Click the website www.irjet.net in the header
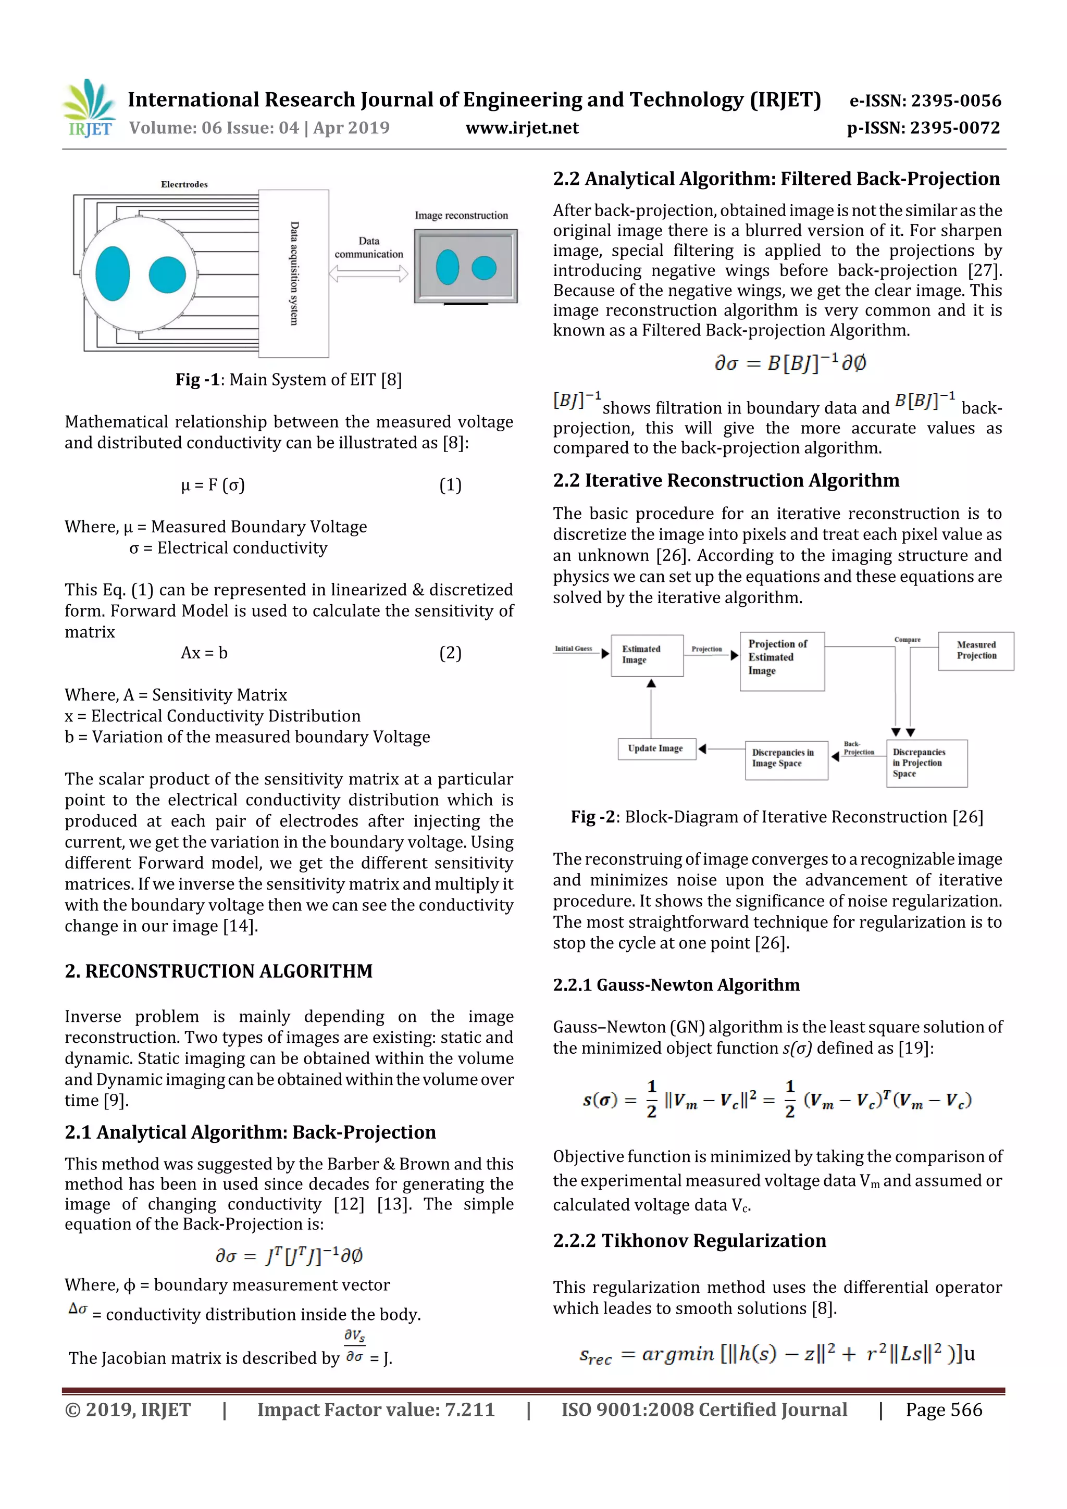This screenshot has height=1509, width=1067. point(522,128)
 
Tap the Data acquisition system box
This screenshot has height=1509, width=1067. point(293,273)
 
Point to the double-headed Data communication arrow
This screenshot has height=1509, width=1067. point(368,273)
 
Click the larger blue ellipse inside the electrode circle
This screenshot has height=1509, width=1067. point(113,273)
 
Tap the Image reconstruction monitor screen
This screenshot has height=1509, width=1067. point(465,266)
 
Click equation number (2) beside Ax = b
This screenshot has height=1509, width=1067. point(450,653)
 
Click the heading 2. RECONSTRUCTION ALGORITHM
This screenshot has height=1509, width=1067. point(219,971)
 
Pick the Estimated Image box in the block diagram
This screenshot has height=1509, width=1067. point(647,655)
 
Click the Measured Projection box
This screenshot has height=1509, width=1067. point(976,651)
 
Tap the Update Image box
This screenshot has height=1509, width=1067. point(656,749)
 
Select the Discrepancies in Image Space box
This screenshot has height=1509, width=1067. point(786,759)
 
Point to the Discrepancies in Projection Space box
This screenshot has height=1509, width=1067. point(926,763)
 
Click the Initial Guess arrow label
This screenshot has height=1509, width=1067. point(573,648)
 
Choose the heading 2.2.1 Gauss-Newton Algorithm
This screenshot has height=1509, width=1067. point(676,984)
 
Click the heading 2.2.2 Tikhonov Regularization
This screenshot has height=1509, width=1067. point(689,1240)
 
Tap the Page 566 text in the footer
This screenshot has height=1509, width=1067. point(944,1409)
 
